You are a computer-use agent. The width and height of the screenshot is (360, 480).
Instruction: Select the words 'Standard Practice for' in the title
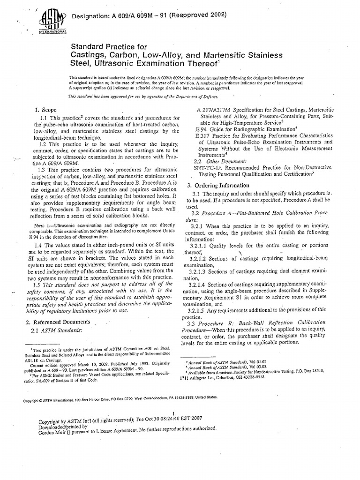pyautogui.click(x=108, y=47)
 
